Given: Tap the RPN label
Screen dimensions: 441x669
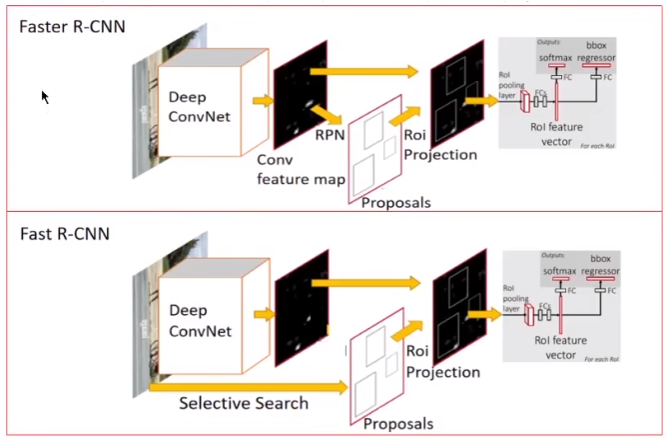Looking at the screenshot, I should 332,133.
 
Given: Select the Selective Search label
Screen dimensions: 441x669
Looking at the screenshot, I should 243,403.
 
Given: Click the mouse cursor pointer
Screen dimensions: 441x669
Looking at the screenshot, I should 44,97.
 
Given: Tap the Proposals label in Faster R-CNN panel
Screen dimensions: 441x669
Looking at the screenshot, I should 395,202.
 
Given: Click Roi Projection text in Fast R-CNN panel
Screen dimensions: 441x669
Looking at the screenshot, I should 441,361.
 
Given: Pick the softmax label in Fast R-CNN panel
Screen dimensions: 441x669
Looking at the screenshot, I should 559,271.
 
